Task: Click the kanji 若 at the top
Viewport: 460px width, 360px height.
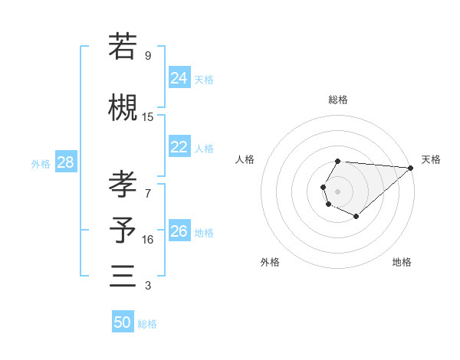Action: point(123,47)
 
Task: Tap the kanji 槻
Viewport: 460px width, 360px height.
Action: point(123,107)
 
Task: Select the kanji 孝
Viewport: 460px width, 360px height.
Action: point(123,184)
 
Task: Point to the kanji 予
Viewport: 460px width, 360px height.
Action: point(123,230)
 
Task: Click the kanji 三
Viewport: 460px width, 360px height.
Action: point(123,276)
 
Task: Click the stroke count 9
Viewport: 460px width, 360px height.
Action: point(148,56)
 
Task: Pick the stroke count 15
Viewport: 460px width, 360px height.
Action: point(148,117)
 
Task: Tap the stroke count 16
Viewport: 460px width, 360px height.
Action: point(148,240)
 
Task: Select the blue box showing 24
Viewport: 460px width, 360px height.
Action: point(179,77)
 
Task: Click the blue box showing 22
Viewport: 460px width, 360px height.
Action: point(179,147)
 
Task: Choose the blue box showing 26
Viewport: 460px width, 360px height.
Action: point(179,231)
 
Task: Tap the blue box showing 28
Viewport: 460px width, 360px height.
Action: point(65,162)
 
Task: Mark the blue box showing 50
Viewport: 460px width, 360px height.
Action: point(123,322)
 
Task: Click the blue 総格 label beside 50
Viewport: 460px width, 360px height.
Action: point(147,324)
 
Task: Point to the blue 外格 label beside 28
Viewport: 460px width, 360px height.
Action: point(41,164)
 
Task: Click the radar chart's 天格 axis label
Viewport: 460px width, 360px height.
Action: point(431,159)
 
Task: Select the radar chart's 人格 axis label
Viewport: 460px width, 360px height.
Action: point(245,159)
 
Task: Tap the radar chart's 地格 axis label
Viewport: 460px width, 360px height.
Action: point(402,263)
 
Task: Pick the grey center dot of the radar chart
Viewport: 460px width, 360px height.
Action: point(337,190)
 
